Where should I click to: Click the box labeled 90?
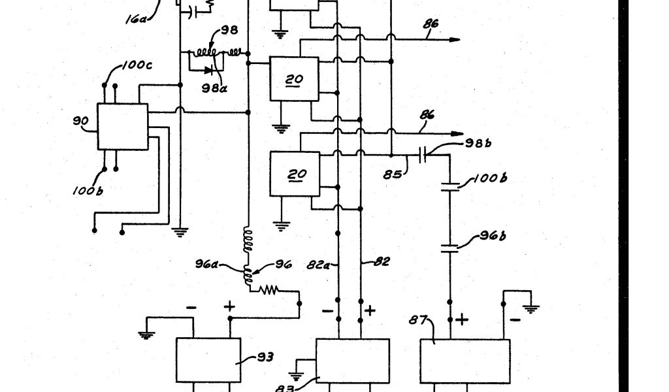122,127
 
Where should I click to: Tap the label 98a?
214,88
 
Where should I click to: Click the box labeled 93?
208,360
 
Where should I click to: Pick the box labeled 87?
465,361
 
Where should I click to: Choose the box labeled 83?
352,361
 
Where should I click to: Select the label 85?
393,174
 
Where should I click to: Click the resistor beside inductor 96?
270,289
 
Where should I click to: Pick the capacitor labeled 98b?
423,155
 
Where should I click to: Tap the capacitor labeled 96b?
450,248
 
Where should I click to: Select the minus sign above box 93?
191,306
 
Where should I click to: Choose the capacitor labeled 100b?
450,189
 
